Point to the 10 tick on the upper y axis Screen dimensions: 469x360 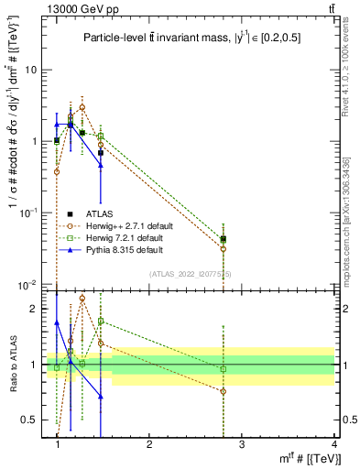31,70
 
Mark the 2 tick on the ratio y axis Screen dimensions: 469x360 35,309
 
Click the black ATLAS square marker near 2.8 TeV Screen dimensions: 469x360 224,239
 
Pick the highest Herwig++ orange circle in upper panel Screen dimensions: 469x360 82,107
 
